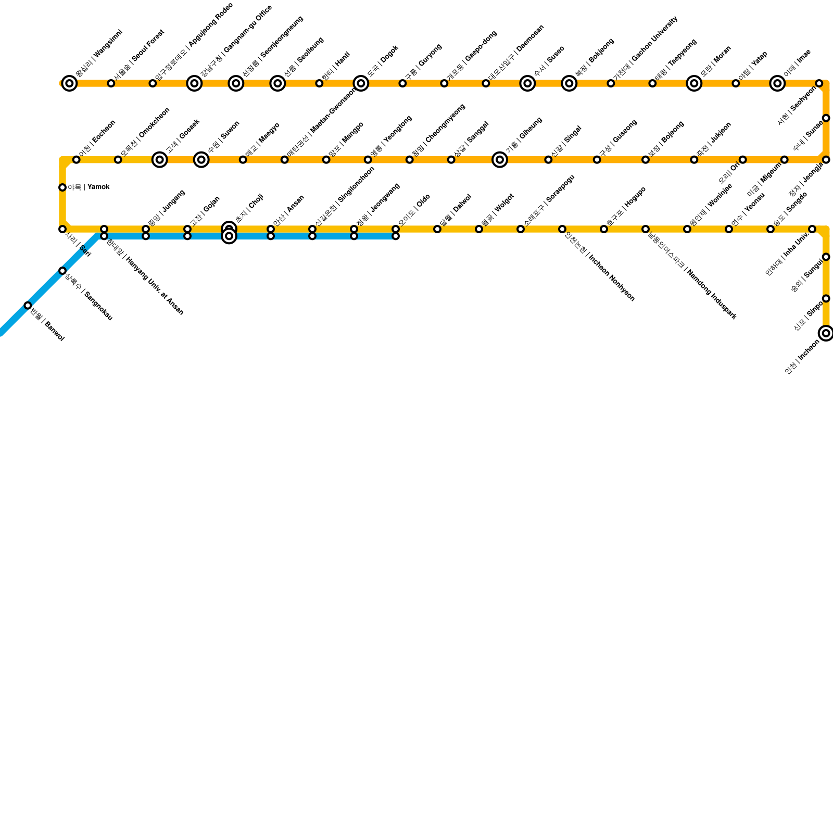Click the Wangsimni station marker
(x=69, y=83)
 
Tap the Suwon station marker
(x=201, y=160)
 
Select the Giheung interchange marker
(x=500, y=160)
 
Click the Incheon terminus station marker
(x=826, y=333)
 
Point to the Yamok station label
(x=89, y=187)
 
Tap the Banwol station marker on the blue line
(x=28, y=305)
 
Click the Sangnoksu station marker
(x=62, y=271)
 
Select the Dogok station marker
(x=361, y=83)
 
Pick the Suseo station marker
(x=527, y=83)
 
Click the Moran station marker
(x=694, y=83)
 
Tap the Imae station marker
(x=777, y=83)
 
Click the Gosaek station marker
(x=160, y=160)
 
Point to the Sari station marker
(x=62, y=229)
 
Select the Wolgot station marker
(x=479, y=229)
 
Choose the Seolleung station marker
(x=277, y=83)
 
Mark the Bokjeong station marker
(x=569, y=83)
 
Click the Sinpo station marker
(x=826, y=298)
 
